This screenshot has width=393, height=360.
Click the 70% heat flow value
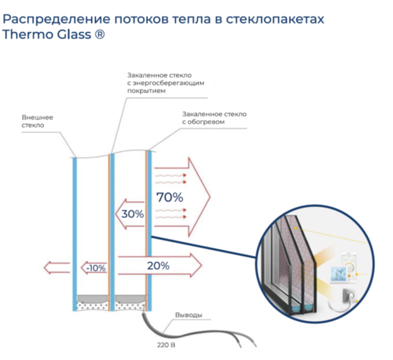pos(169,197)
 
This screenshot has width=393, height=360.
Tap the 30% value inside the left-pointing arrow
pos(133,214)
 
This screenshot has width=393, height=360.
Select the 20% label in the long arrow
pos(158,266)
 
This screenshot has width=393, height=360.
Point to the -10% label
pos(96,268)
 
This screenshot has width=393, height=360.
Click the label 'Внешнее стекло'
pos(37,121)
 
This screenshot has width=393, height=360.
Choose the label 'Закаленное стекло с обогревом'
pos(214,118)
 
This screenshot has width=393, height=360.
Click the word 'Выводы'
pos(188,315)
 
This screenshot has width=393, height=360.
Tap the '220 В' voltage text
pos(166,345)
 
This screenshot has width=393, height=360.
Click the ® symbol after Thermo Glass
pos(100,35)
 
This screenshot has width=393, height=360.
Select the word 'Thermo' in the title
pos(28,34)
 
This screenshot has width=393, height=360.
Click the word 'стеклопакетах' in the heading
pos(275,20)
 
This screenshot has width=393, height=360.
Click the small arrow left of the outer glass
pos(57,267)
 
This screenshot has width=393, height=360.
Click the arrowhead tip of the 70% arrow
pos(210,197)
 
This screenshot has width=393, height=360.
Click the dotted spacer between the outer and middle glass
pos(93,306)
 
